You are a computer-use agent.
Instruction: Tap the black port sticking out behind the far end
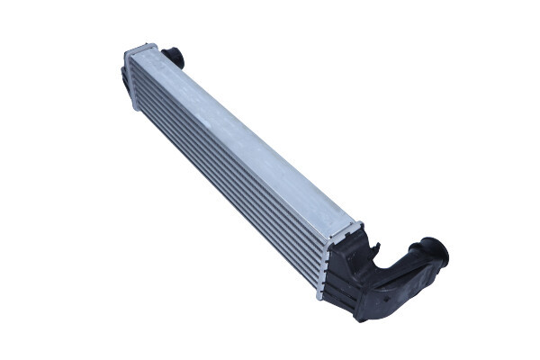tap(173, 57)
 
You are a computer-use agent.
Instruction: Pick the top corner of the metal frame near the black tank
tap(358, 223)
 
